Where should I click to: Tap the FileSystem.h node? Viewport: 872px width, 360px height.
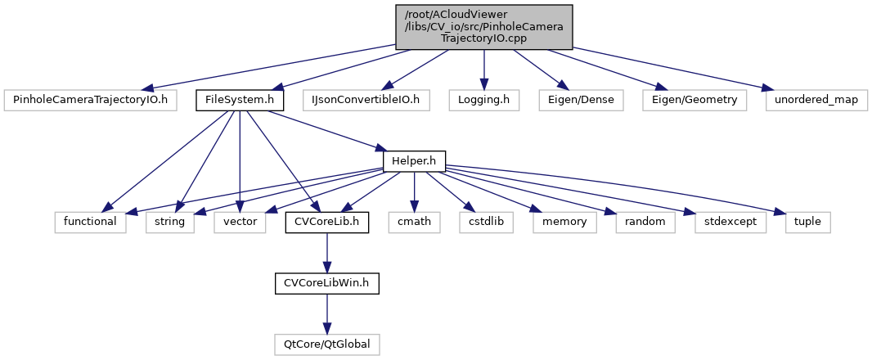tap(239, 100)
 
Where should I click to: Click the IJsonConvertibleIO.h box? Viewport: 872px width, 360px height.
tap(366, 100)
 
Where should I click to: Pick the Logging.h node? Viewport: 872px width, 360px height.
tap(484, 100)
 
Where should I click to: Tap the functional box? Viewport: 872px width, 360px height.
tap(91, 222)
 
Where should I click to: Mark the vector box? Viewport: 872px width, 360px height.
tap(240, 222)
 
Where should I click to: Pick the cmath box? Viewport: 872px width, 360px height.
tap(414, 222)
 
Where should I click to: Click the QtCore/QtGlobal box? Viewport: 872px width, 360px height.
tap(327, 344)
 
